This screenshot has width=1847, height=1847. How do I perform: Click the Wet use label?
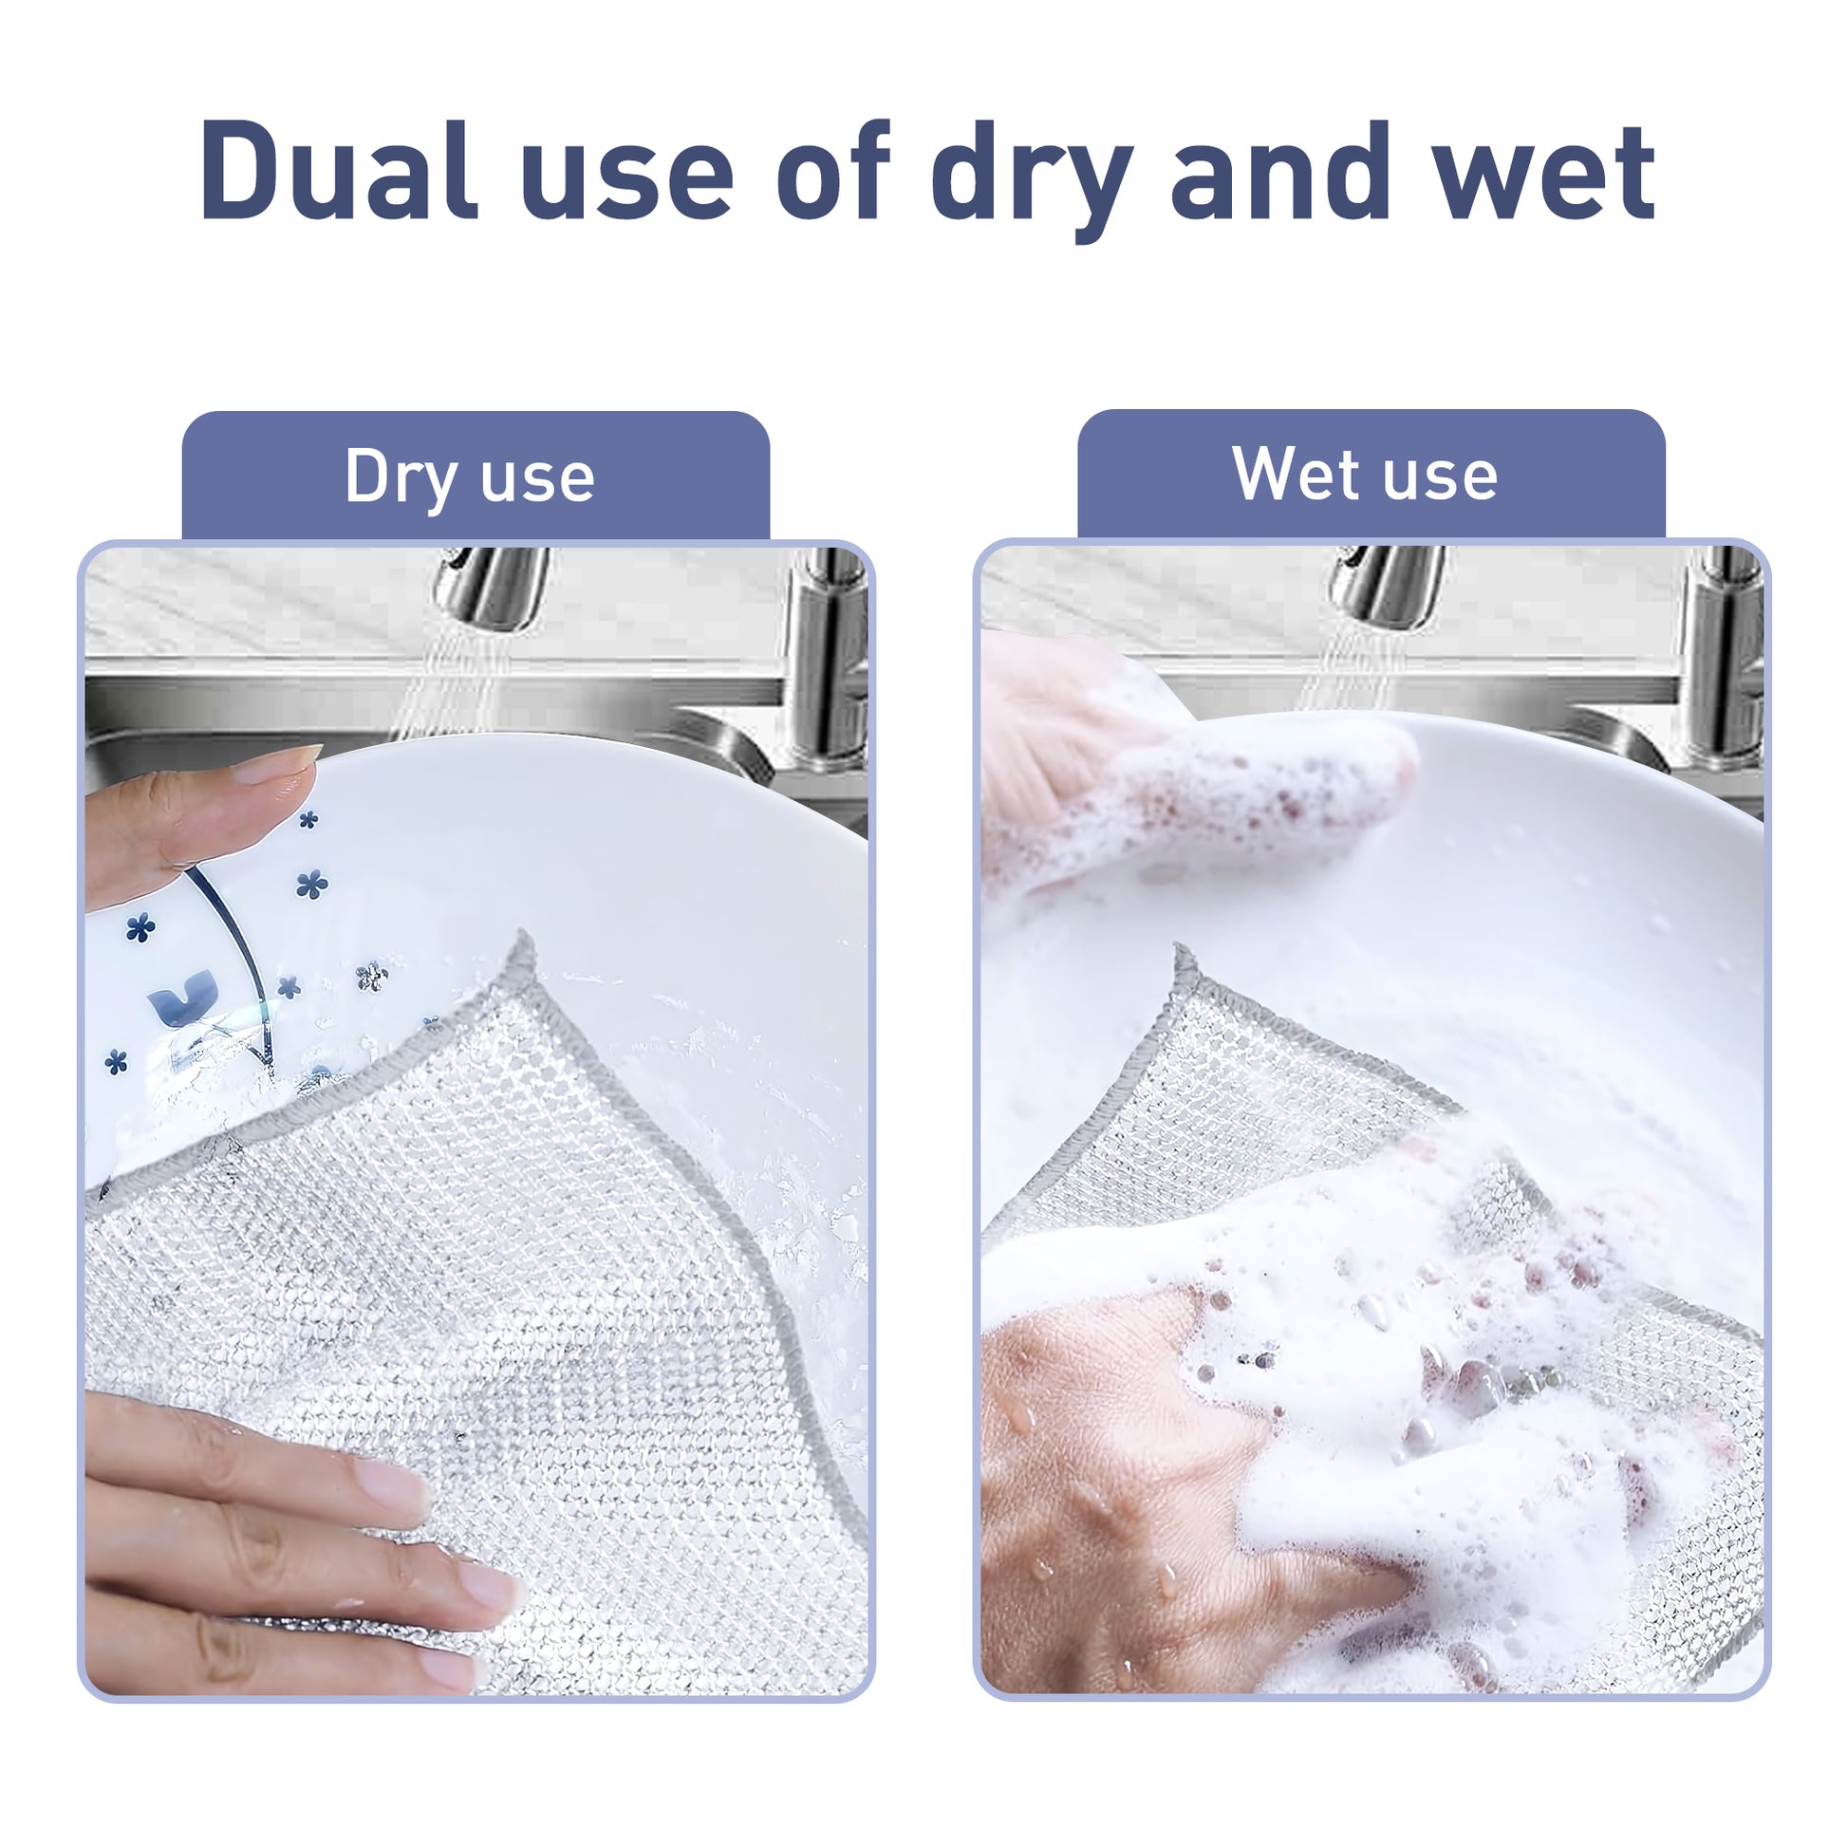coord(1364,474)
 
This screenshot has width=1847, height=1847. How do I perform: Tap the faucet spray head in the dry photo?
coord(491,585)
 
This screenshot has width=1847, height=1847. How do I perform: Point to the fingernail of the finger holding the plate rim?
coord(277,765)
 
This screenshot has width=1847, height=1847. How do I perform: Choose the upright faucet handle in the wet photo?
coord(1721,660)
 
